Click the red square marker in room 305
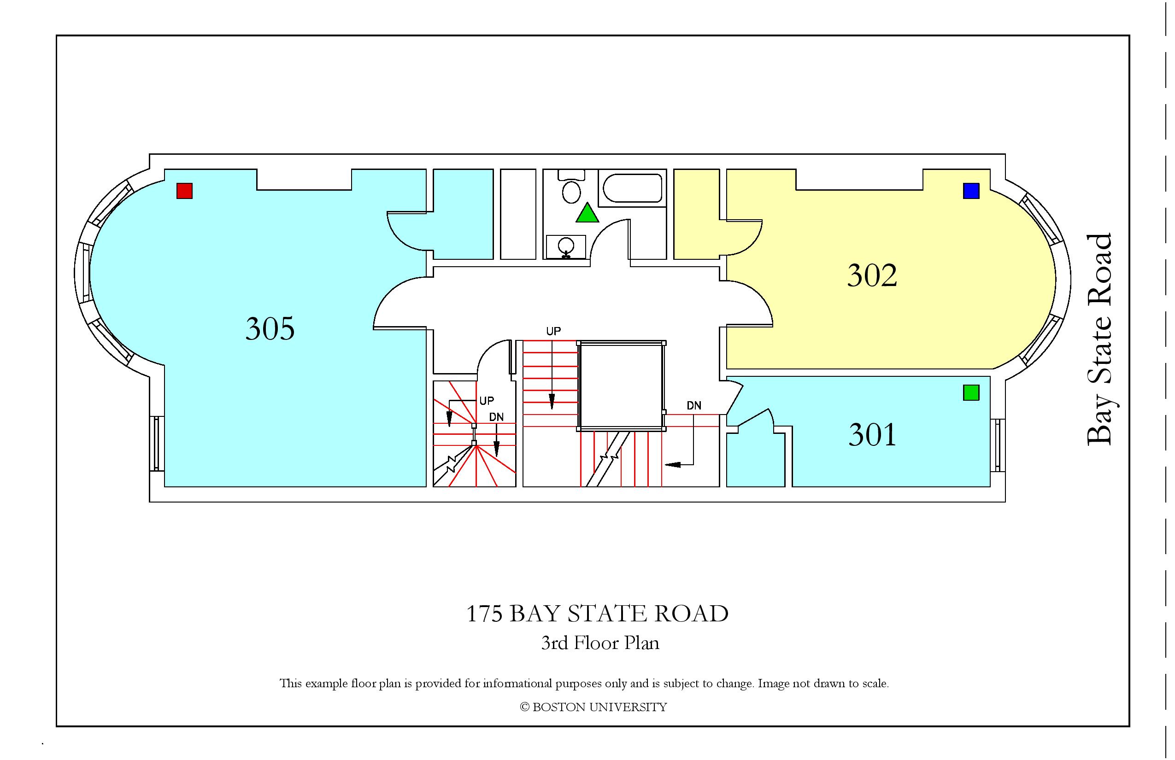tap(185, 191)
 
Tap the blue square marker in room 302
tap(971, 191)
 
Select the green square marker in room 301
tap(971, 393)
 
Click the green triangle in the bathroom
tap(587, 213)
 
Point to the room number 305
tap(270, 329)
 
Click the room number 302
tap(872, 275)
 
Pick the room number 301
tap(872, 435)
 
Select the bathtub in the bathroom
tap(632, 188)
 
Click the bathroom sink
tap(566, 246)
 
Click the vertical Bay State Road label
tap(1099, 339)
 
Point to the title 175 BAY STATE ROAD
tap(597, 614)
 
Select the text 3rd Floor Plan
tap(600, 643)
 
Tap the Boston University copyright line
tap(593, 707)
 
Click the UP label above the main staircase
tap(553, 331)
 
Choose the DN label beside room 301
tap(693, 406)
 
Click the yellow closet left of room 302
tap(697, 214)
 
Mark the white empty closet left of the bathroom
tap(518, 214)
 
